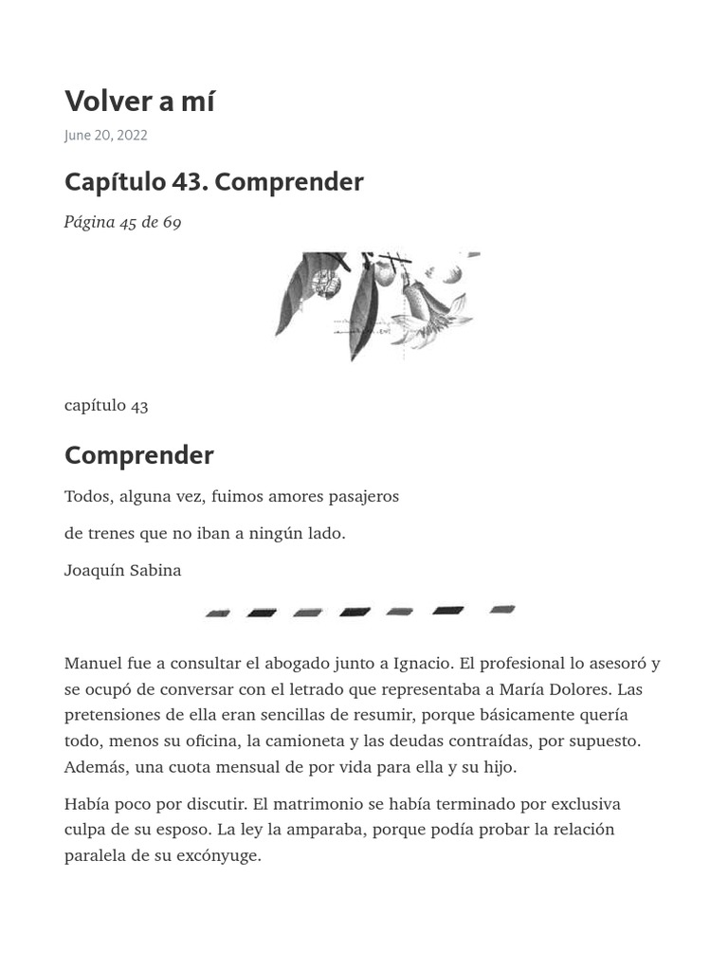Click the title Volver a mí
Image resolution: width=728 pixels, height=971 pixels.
139,101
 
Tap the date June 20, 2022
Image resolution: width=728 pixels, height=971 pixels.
105,136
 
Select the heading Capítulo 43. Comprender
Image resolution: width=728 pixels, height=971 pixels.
213,182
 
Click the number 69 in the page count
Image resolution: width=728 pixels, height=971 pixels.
172,223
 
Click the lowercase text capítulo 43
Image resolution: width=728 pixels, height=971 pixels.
106,406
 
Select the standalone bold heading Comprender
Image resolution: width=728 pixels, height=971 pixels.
138,456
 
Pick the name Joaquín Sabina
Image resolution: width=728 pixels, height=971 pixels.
122,571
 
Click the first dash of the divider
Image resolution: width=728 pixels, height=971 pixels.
218,614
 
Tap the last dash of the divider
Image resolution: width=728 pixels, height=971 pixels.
502,610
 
